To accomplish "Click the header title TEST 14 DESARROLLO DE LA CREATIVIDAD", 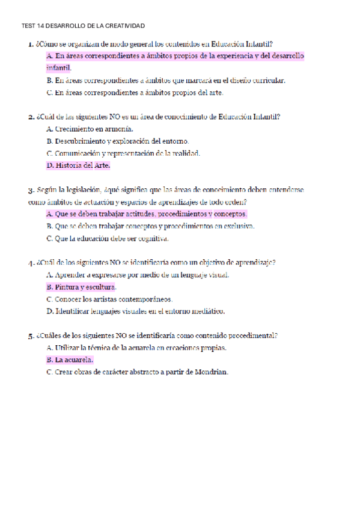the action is pyautogui.click(x=83, y=26).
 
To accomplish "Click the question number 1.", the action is pyautogui.click(x=30, y=44).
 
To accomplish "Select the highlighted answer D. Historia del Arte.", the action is pyautogui.click(x=78, y=165).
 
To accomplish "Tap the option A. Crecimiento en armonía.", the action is pyautogui.click(x=90, y=129).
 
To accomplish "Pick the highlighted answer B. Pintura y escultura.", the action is pyautogui.click(x=81, y=287).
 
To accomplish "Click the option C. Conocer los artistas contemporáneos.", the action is pyautogui.click(x=109, y=299).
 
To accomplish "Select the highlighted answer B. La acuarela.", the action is pyautogui.click(x=70, y=360).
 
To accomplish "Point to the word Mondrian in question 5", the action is pyautogui.click(x=212, y=372).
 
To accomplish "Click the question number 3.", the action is pyautogui.click(x=30, y=189).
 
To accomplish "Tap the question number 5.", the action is pyautogui.click(x=30, y=336).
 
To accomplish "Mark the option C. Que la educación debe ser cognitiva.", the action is pyautogui.click(x=108, y=238).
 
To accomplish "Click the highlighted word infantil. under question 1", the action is pyautogui.click(x=58, y=68).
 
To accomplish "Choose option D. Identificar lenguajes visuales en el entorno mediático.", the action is pyautogui.click(x=135, y=311).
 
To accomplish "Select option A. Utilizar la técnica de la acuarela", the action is pyautogui.click(x=136, y=348).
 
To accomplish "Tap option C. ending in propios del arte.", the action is pyautogui.click(x=135, y=93).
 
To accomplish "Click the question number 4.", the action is pyautogui.click(x=30, y=262).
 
